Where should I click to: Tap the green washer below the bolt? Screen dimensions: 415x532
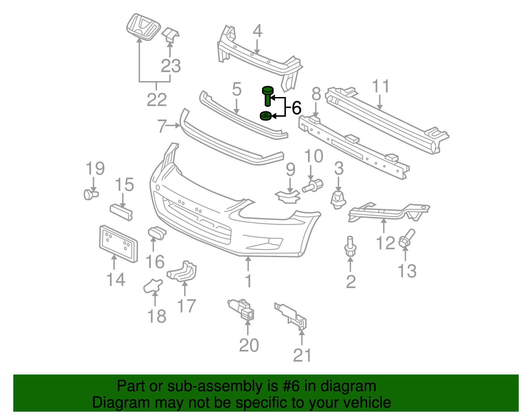pyautogui.click(x=266, y=116)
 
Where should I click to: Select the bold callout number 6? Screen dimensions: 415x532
pyautogui.click(x=296, y=108)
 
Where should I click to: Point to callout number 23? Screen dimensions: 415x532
pyautogui.click(x=171, y=65)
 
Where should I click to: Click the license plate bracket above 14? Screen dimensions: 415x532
pyautogui.click(x=118, y=244)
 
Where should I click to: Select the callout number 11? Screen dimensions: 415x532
pyautogui.click(x=380, y=86)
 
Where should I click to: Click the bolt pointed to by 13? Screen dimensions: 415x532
pyautogui.click(x=406, y=238)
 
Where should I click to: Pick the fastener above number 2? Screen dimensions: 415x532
pyautogui.click(x=350, y=247)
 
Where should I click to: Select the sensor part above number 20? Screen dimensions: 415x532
pyautogui.click(x=240, y=309)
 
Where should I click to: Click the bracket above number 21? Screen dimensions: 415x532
pyautogui.click(x=292, y=316)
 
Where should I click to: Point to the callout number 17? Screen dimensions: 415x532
pyautogui.click(x=186, y=306)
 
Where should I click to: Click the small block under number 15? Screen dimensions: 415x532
pyautogui.click(x=121, y=212)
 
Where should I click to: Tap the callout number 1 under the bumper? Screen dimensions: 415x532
pyautogui.click(x=248, y=281)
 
